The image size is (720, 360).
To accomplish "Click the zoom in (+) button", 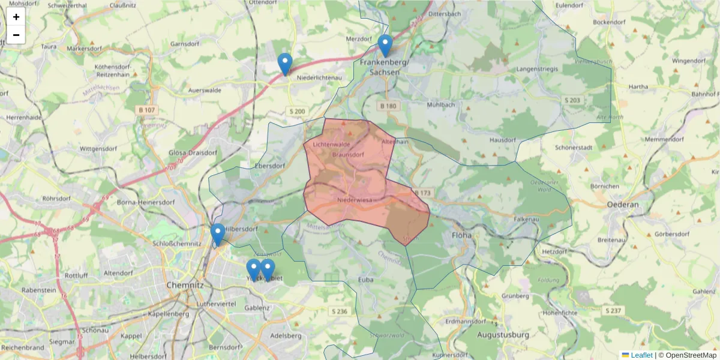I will (16, 17).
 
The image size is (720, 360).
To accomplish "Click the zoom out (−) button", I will (16, 35).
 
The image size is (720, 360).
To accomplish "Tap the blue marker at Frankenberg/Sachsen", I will (385, 46).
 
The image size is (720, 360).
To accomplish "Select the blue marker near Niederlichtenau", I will (285, 64).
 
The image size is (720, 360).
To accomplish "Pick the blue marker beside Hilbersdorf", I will (218, 235).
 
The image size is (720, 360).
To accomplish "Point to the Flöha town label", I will (462, 235).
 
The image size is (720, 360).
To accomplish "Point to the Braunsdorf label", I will (348, 155).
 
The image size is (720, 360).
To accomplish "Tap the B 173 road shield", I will (422, 193).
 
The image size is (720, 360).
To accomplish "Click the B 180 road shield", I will (388, 106).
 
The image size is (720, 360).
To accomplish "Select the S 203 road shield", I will (572, 100).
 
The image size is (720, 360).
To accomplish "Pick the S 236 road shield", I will (339, 311).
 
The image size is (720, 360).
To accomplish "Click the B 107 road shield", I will (146, 110).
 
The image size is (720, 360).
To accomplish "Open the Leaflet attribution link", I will (641, 355).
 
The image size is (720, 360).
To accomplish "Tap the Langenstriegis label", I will (537, 70).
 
